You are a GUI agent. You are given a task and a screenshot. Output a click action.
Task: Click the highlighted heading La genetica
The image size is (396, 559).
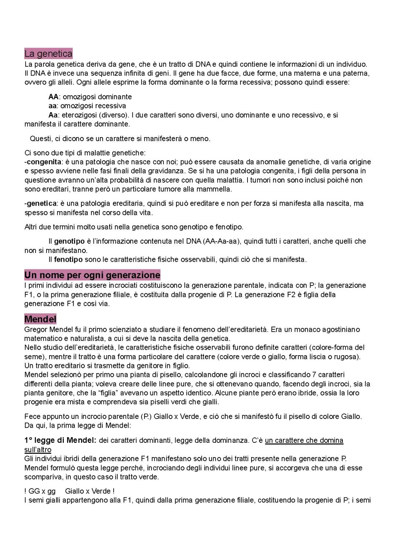tap(48, 54)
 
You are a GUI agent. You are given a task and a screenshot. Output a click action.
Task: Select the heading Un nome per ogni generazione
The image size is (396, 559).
tap(92, 275)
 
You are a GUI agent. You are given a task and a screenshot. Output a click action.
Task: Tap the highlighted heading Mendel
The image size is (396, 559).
tap(40, 319)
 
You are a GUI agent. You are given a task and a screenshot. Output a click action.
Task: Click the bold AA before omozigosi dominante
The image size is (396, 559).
tap(53, 97)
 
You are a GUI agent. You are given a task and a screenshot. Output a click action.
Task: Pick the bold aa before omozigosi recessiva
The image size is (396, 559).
tap(52, 106)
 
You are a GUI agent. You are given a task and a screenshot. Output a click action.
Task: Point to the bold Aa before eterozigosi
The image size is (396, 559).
tap(53, 115)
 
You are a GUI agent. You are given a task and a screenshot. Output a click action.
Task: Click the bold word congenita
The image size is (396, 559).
tap(44, 162)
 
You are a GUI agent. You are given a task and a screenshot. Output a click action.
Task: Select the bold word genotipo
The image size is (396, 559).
tap(69, 241)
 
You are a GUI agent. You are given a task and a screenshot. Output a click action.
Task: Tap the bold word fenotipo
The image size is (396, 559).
tap(68, 260)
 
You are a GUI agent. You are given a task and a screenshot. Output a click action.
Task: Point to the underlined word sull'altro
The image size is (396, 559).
tap(38, 449)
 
